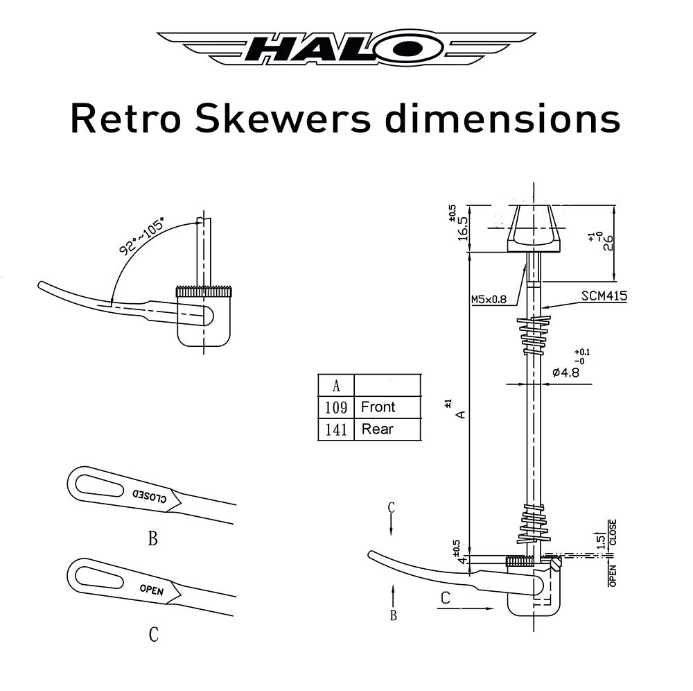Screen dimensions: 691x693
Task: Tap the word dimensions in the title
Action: [502, 119]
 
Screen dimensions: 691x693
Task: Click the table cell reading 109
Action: [335, 407]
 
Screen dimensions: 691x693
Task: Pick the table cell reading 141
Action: [335, 429]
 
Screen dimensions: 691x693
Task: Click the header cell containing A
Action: [336, 386]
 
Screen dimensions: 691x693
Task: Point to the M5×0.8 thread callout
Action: [489, 300]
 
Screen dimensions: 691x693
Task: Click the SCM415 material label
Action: [605, 296]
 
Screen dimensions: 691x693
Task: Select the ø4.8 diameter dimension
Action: [565, 373]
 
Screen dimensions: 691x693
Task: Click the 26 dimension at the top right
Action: [608, 243]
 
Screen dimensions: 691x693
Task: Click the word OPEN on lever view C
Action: [151, 590]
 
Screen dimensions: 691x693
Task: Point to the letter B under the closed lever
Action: [152, 538]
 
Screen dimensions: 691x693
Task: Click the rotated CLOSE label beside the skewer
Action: [612, 532]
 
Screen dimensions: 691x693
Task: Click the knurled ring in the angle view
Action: [204, 292]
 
